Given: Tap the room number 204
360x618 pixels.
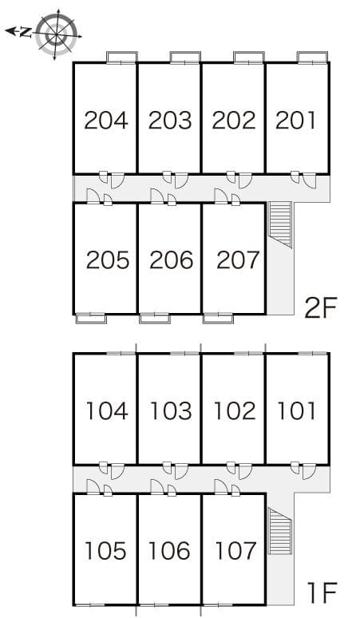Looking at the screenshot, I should pos(105,121).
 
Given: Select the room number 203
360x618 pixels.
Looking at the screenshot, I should pos(169,121).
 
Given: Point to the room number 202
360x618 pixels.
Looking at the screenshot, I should pos(233,121).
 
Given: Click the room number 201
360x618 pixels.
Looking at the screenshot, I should pos(295,121).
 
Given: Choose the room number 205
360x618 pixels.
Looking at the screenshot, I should pos(107,260).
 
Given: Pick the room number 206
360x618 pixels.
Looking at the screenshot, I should pos(171,260).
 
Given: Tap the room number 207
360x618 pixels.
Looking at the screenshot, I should pos(237,260).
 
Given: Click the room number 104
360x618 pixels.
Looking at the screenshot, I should pos(106,411).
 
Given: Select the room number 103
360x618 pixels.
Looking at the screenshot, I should pos(170,411).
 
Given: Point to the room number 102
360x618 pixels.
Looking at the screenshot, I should pos(234,411).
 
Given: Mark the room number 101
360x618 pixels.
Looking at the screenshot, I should pos(296,411).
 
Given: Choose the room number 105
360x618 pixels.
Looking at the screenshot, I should pos(106,551).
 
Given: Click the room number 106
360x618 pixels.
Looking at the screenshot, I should pos(169,551).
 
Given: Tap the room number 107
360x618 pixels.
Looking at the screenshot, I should pos(235,551).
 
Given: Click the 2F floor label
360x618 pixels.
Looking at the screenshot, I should pos(322,307).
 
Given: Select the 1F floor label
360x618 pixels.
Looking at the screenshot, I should pos(322,592).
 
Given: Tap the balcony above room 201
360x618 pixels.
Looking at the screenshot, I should pos(312,57).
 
